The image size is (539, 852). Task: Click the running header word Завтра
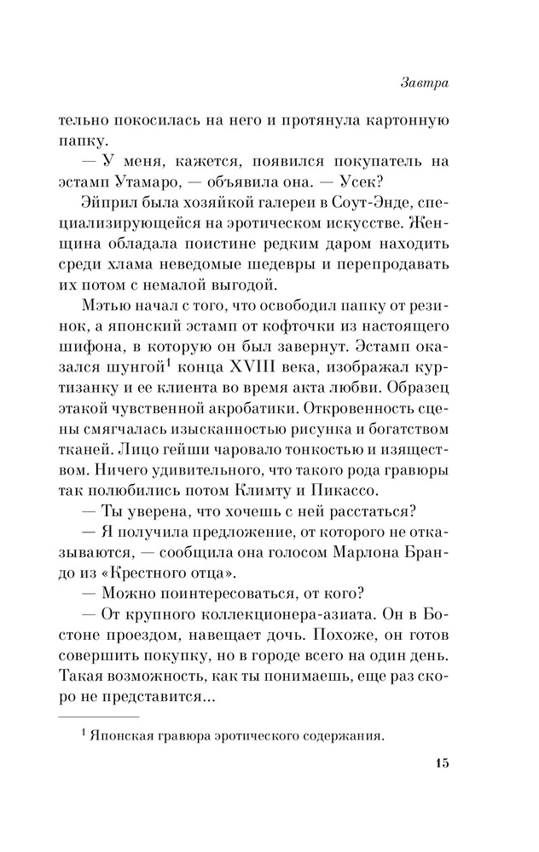click(424, 84)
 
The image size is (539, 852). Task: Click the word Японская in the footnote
click(122, 737)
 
